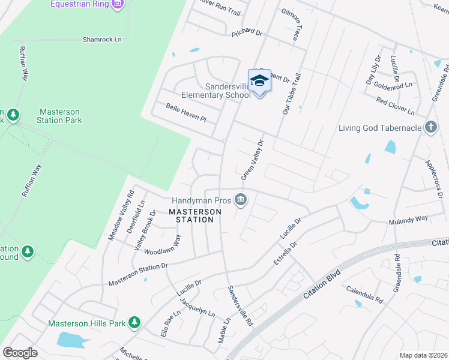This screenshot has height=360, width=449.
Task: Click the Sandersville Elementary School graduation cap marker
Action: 259,80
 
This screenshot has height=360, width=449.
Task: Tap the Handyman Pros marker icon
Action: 241,199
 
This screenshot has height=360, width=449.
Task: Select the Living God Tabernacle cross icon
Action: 430,127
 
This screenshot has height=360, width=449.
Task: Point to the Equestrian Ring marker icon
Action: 118,5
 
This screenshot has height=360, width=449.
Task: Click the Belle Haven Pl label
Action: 186,112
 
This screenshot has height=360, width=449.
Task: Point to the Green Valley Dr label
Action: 253,160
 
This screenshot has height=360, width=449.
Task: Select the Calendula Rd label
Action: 364,294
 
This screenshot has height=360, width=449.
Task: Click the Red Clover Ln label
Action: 395,106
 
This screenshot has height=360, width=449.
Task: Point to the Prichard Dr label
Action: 247,32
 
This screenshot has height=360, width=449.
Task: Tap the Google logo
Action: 20,353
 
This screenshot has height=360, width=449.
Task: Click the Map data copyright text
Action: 424,355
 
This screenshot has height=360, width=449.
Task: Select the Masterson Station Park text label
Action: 61,116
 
